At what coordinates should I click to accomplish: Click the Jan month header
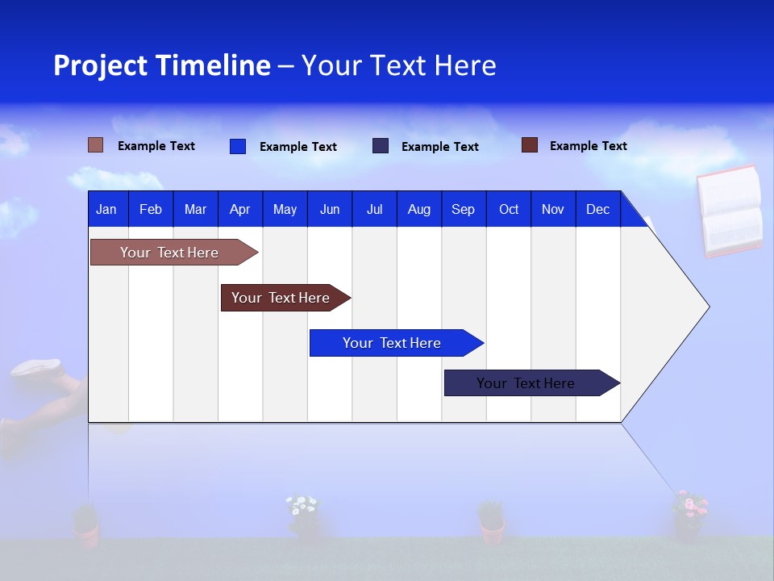point(106,209)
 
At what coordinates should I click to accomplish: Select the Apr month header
point(239,209)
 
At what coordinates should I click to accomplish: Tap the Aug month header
point(418,209)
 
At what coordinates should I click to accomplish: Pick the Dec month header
point(597,209)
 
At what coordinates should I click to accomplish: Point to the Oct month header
point(508,209)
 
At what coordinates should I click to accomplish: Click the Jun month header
point(329,209)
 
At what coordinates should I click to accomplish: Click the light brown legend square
point(95,145)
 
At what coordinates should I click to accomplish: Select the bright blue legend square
point(238,146)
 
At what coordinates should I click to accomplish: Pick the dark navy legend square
point(381,146)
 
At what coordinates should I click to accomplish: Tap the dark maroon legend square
point(529,145)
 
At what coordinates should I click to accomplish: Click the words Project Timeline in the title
point(161,65)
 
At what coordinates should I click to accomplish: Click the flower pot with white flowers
point(303,516)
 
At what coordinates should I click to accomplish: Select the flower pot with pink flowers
point(689,514)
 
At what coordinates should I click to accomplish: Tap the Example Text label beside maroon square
point(588,146)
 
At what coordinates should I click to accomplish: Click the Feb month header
point(151,209)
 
